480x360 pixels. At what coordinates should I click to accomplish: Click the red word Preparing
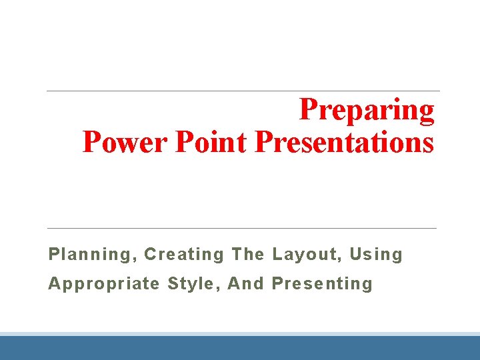coord(367,111)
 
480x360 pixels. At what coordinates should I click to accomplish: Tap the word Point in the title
coord(211,142)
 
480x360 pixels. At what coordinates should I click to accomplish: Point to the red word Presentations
coord(344,142)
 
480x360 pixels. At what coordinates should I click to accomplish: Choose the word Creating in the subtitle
coord(184,255)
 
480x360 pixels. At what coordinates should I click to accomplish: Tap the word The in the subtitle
coord(248,254)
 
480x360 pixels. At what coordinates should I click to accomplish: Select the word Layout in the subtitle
coord(304,254)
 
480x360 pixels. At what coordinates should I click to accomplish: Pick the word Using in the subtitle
coord(376,255)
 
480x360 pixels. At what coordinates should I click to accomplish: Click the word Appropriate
coord(104,284)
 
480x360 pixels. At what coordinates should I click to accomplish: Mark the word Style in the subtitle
coord(191,284)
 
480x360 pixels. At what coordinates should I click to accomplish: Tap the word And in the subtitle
coord(245,283)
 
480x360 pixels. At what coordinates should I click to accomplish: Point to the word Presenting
coord(322,284)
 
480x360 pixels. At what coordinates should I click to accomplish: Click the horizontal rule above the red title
coord(243,91)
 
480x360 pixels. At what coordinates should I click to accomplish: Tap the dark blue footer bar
coord(240,348)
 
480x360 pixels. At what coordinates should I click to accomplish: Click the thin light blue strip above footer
coord(240,334)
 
